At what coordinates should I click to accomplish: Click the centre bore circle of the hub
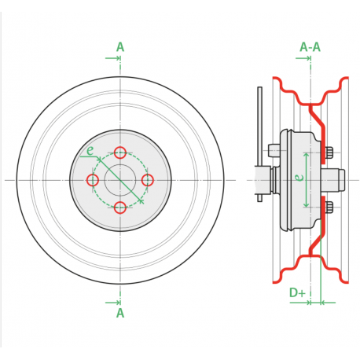105,180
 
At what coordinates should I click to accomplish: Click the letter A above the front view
120,47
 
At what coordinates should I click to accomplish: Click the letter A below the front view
120,313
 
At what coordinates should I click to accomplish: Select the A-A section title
310,47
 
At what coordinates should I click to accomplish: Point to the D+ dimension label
297,292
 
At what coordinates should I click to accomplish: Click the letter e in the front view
90,151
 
